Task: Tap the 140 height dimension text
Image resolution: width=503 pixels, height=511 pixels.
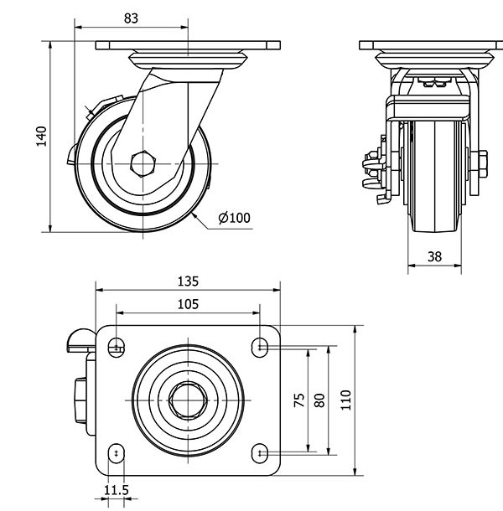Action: (x=39, y=135)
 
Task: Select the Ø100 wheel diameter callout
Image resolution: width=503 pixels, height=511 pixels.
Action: (x=234, y=218)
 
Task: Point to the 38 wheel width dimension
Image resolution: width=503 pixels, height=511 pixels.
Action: (x=434, y=257)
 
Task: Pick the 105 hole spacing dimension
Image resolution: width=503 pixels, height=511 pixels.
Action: (x=189, y=304)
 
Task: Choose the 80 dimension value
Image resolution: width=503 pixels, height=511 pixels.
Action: (x=319, y=400)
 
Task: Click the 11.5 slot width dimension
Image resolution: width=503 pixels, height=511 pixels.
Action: (x=116, y=491)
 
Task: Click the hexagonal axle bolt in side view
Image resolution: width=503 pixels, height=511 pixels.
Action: (x=144, y=163)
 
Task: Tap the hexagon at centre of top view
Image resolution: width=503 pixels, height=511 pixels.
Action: (x=189, y=400)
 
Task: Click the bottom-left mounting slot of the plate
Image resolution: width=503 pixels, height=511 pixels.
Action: (x=117, y=454)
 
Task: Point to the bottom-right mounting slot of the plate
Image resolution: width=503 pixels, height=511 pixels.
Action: (x=261, y=454)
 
